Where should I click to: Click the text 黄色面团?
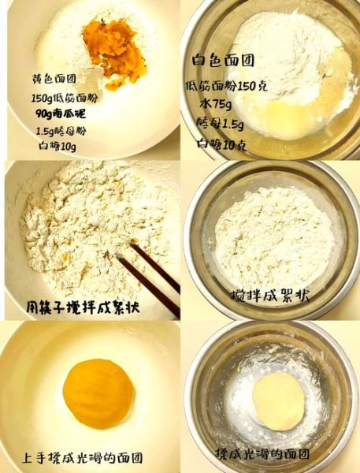tap(54, 80)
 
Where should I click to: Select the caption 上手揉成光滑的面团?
tap(84, 457)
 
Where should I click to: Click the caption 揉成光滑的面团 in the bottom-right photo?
tap(262, 455)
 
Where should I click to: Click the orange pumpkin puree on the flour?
tap(115, 50)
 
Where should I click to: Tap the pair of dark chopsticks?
tap(150, 273)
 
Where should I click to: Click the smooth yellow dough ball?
tap(98, 393)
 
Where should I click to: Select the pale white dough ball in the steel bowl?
tap(278, 400)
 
